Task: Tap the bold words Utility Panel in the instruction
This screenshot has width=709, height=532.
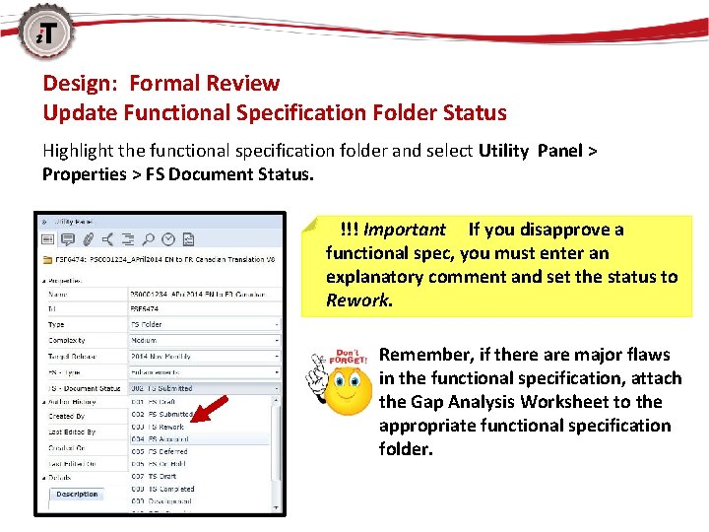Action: coord(532,151)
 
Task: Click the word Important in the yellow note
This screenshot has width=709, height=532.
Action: coord(404,230)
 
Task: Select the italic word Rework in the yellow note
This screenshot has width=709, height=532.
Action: coord(357,300)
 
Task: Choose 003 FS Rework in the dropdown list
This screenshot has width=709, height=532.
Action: coord(159,427)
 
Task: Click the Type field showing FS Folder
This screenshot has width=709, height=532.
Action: coord(203,324)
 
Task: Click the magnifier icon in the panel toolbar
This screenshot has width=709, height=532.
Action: coord(147,238)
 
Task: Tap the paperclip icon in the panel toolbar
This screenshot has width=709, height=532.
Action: coord(89,238)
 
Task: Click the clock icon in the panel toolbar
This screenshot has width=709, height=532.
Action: coord(167,238)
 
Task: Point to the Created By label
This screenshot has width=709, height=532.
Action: coord(67,417)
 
